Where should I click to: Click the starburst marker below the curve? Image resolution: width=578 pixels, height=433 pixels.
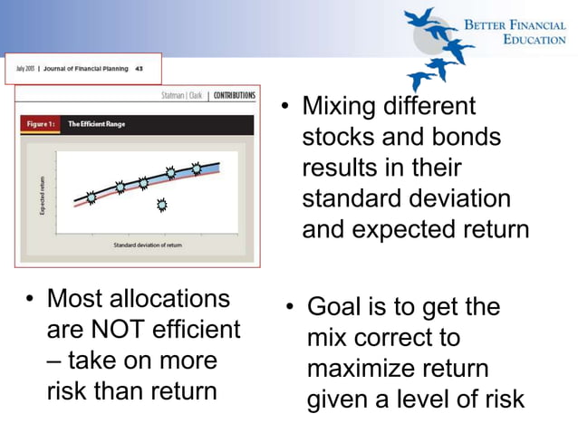coord(162,205)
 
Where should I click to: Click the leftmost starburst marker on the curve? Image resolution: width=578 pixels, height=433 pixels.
coord(91,197)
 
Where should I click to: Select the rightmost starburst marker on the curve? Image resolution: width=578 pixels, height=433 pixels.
coord(197,168)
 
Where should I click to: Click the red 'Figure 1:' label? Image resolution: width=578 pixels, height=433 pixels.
coord(42,125)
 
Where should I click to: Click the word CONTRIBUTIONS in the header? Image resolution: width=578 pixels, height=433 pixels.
coord(235,96)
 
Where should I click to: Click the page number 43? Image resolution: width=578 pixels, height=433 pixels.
coord(138,68)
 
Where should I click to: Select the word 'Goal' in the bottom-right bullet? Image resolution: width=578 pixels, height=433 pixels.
coord(334,307)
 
